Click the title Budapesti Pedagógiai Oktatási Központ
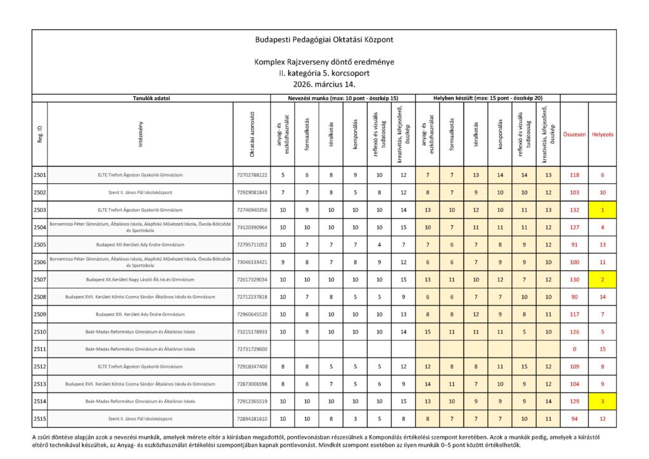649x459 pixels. [x=324, y=39]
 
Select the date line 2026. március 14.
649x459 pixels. [x=324, y=84]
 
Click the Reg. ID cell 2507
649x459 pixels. [x=39, y=280]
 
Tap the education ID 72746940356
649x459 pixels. [x=252, y=209]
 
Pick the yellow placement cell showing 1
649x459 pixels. [x=602, y=209]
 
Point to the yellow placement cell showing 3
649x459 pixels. [x=602, y=401]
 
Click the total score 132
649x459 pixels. [x=574, y=209]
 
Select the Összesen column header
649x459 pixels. [x=574, y=134]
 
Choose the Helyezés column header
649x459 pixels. [x=602, y=134]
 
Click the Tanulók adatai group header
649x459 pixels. [x=151, y=98]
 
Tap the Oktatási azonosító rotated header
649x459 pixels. [x=251, y=133]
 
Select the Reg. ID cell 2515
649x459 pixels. [x=39, y=419]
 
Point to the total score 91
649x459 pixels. [x=574, y=244]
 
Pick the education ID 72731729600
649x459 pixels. [x=252, y=349]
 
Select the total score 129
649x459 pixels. [x=574, y=401]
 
